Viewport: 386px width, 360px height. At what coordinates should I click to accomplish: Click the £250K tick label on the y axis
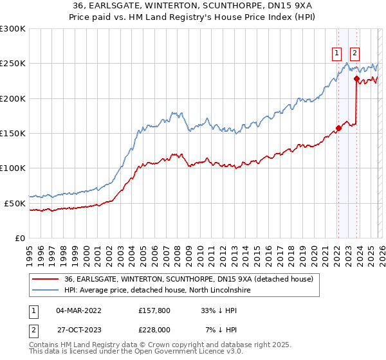pyautogui.click(x=13, y=64)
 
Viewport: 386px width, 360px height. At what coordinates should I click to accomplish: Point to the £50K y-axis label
pyautogui.click(x=15, y=203)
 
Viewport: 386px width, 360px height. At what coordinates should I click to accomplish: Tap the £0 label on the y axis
pyautogui.click(x=19, y=238)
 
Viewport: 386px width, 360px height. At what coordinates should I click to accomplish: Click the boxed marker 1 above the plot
pyautogui.click(x=337, y=54)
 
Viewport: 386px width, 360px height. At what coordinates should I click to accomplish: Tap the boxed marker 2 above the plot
pyautogui.click(x=355, y=54)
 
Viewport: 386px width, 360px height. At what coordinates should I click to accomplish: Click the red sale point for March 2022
pyautogui.click(x=338, y=127)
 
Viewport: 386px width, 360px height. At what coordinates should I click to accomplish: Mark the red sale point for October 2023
pyautogui.click(x=356, y=78)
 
